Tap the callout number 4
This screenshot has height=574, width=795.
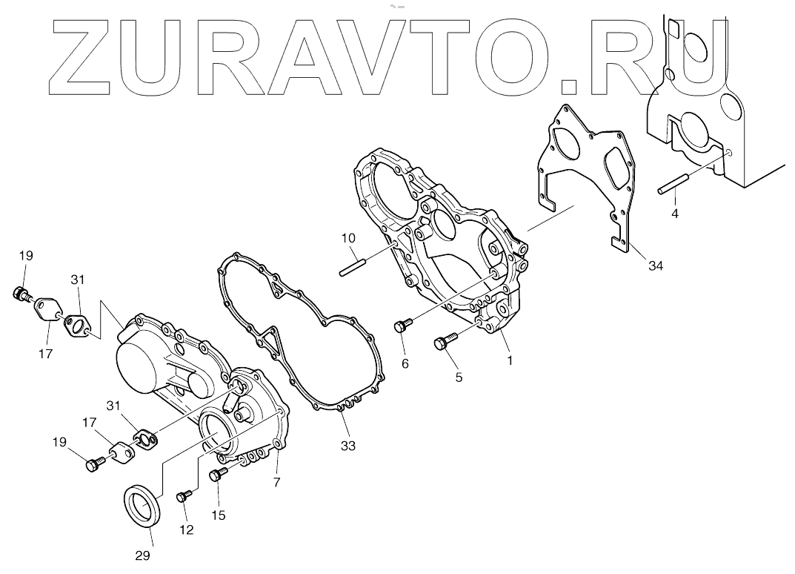point(674,214)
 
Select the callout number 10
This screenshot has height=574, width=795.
point(348,238)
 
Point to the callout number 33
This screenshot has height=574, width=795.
point(348,446)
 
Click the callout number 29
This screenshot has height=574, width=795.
point(143,555)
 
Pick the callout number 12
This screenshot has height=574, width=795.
point(186,530)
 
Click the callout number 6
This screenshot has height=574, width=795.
point(405,363)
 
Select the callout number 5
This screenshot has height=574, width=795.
point(459,377)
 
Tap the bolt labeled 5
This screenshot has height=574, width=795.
point(443,342)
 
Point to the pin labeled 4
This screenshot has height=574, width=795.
point(673,184)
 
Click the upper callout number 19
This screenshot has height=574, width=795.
point(26,256)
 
